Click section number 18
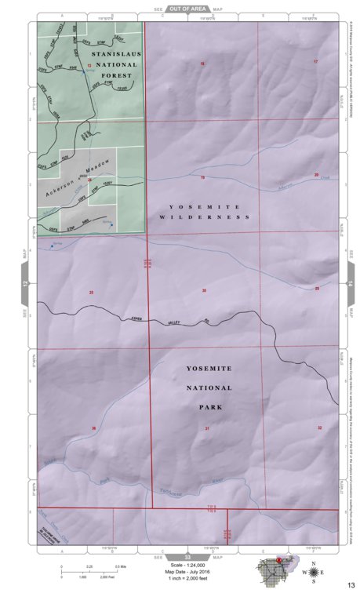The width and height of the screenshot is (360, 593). tap(202, 62)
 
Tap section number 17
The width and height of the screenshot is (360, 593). tap(316, 61)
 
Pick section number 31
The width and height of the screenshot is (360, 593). tap(207, 428)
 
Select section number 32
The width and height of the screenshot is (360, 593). tap(320, 427)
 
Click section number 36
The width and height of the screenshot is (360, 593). tap(93, 428)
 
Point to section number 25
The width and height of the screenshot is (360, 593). tap(92, 293)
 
